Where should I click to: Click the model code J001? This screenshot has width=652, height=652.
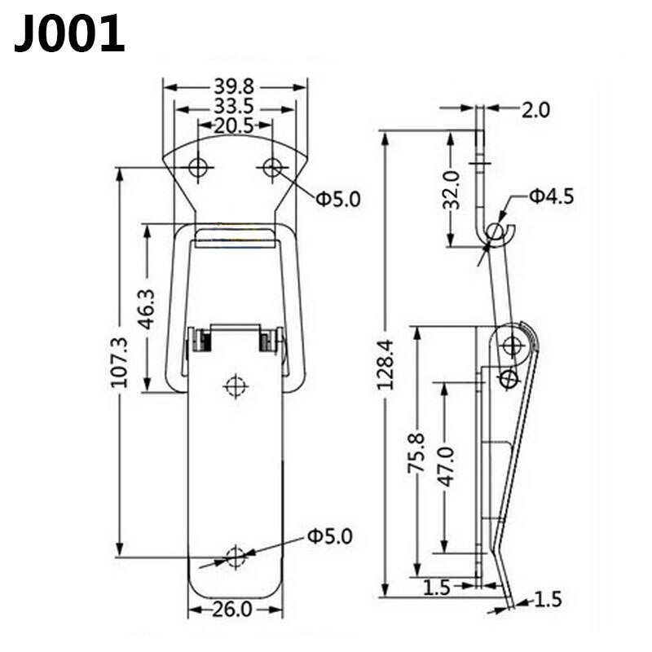point(70,35)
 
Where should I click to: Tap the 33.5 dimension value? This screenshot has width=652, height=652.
point(236,107)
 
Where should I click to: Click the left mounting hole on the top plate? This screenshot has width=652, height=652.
point(198,168)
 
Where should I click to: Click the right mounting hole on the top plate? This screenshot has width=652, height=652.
point(272,168)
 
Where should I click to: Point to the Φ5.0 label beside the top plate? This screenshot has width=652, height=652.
point(337,197)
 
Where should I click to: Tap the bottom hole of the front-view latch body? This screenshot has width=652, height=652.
point(236,557)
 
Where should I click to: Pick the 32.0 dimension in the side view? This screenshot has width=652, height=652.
point(452,189)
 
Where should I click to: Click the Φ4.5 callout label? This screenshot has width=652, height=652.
point(551,196)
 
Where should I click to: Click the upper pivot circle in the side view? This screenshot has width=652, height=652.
point(512,346)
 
